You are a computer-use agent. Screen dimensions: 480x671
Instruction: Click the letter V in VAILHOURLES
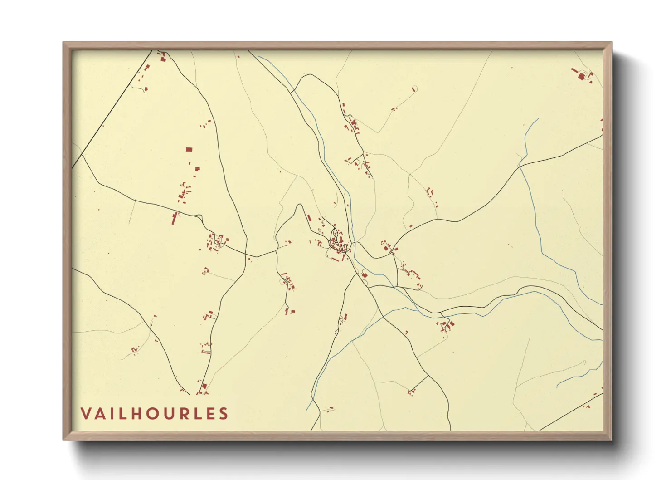86,414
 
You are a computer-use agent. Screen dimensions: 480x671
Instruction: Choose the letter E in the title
209,414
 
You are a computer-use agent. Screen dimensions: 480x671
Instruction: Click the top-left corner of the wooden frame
63,43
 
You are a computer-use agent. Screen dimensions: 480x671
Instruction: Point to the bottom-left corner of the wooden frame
63,439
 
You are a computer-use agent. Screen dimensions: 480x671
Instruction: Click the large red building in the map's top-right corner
581,76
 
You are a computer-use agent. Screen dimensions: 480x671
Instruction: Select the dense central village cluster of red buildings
338,243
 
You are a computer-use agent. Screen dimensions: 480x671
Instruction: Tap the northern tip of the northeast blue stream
538,119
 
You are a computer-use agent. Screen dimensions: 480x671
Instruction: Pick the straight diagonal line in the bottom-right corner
571,412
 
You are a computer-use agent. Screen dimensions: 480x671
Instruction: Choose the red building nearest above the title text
204,386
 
